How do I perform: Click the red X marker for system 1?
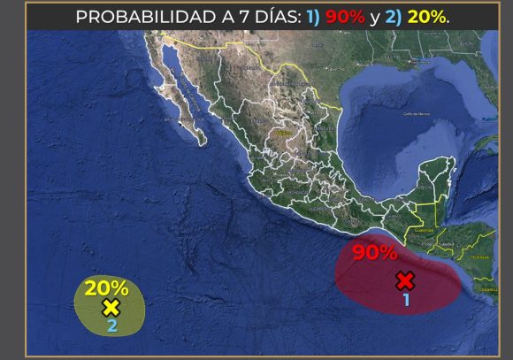pyautogui.click(x=405, y=281)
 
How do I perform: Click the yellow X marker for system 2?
pyautogui.click(x=111, y=308)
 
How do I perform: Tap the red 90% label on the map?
pyautogui.click(x=374, y=253)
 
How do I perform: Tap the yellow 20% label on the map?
pyautogui.click(x=106, y=287)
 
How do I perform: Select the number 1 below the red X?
pyautogui.click(x=406, y=300)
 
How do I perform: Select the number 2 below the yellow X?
pyautogui.click(x=111, y=326)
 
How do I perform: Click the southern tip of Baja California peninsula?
pyautogui.click(x=202, y=142)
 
